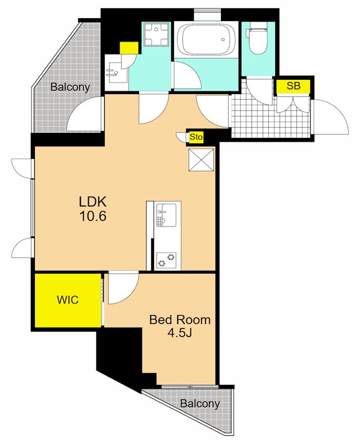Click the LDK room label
tap(92, 202)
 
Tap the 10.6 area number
tap(93, 217)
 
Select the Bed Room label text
tap(180, 320)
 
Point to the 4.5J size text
tap(179, 333)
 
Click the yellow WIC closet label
tap(68, 300)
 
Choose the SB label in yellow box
tap(294, 86)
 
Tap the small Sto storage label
tap(196, 137)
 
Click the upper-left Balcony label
tap(70, 87)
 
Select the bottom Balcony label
tap(200, 404)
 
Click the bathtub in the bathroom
tap(205, 39)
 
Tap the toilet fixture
tap(257, 40)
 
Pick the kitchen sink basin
tap(166, 215)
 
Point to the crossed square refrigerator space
tap(201, 159)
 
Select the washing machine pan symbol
tap(156, 34)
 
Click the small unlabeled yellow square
tap(129, 48)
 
